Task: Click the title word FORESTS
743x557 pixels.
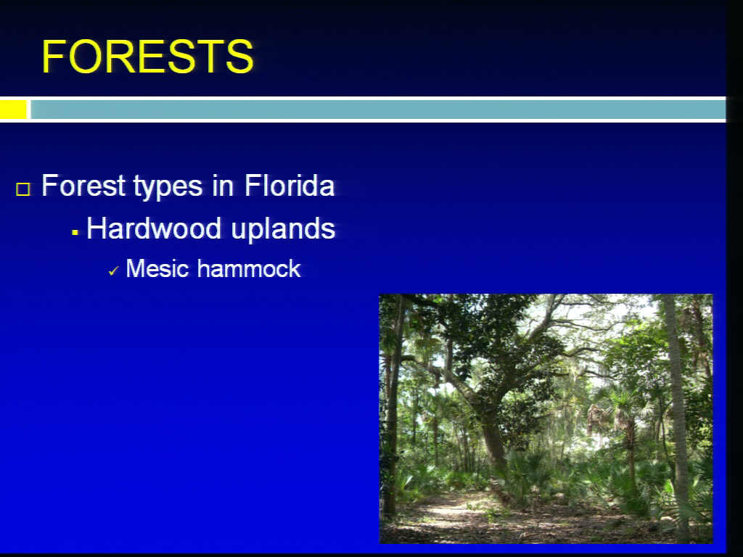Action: [x=148, y=57]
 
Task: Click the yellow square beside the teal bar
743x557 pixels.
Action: [x=13, y=110]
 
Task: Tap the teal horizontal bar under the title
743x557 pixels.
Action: [x=378, y=110]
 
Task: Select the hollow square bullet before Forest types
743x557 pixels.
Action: [x=23, y=189]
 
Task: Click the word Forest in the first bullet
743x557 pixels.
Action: [x=83, y=185]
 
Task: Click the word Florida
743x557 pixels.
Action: [x=290, y=185]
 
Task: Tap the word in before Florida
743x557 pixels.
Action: [x=223, y=185]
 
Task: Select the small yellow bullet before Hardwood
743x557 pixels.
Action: [x=75, y=233]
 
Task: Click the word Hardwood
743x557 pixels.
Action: [x=154, y=228]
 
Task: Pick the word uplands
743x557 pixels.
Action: [x=284, y=230]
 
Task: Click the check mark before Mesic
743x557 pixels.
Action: [x=114, y=271]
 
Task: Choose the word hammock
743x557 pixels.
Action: [x=250, y=268]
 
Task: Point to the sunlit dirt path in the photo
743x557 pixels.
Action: [x=455, y=511]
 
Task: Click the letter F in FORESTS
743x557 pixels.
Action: [x=54, y=57]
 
